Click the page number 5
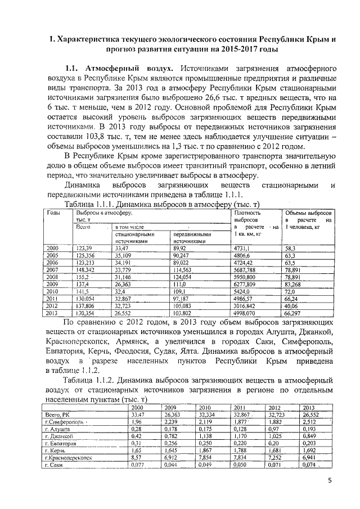click(330, 480)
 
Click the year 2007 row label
click(53, 269)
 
